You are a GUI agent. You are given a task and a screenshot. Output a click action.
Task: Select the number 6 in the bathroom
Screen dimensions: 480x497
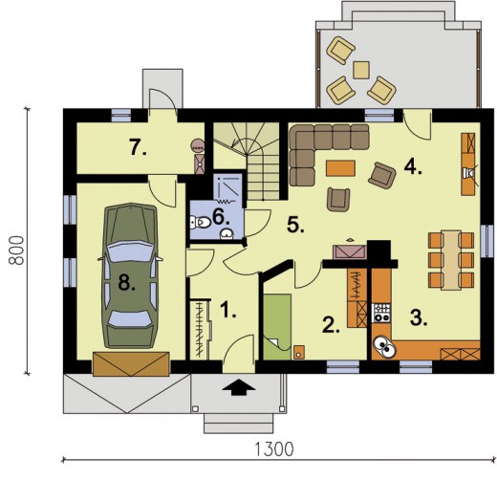coord(220,217)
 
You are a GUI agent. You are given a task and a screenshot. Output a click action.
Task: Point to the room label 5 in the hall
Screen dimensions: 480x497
coord(296,226)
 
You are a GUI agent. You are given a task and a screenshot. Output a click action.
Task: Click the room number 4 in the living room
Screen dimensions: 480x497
coord(412,167)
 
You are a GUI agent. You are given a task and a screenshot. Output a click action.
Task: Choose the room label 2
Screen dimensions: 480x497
coord(330,324)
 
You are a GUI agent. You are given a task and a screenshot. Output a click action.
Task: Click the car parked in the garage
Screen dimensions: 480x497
coord(128,273)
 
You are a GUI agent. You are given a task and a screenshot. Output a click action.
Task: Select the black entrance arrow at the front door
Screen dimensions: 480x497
coord(239,387)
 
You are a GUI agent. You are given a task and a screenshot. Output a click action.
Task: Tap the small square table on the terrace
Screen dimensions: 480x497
coord(361,69)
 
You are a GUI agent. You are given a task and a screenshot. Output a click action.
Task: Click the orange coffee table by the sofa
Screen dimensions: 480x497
coord(338,169)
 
